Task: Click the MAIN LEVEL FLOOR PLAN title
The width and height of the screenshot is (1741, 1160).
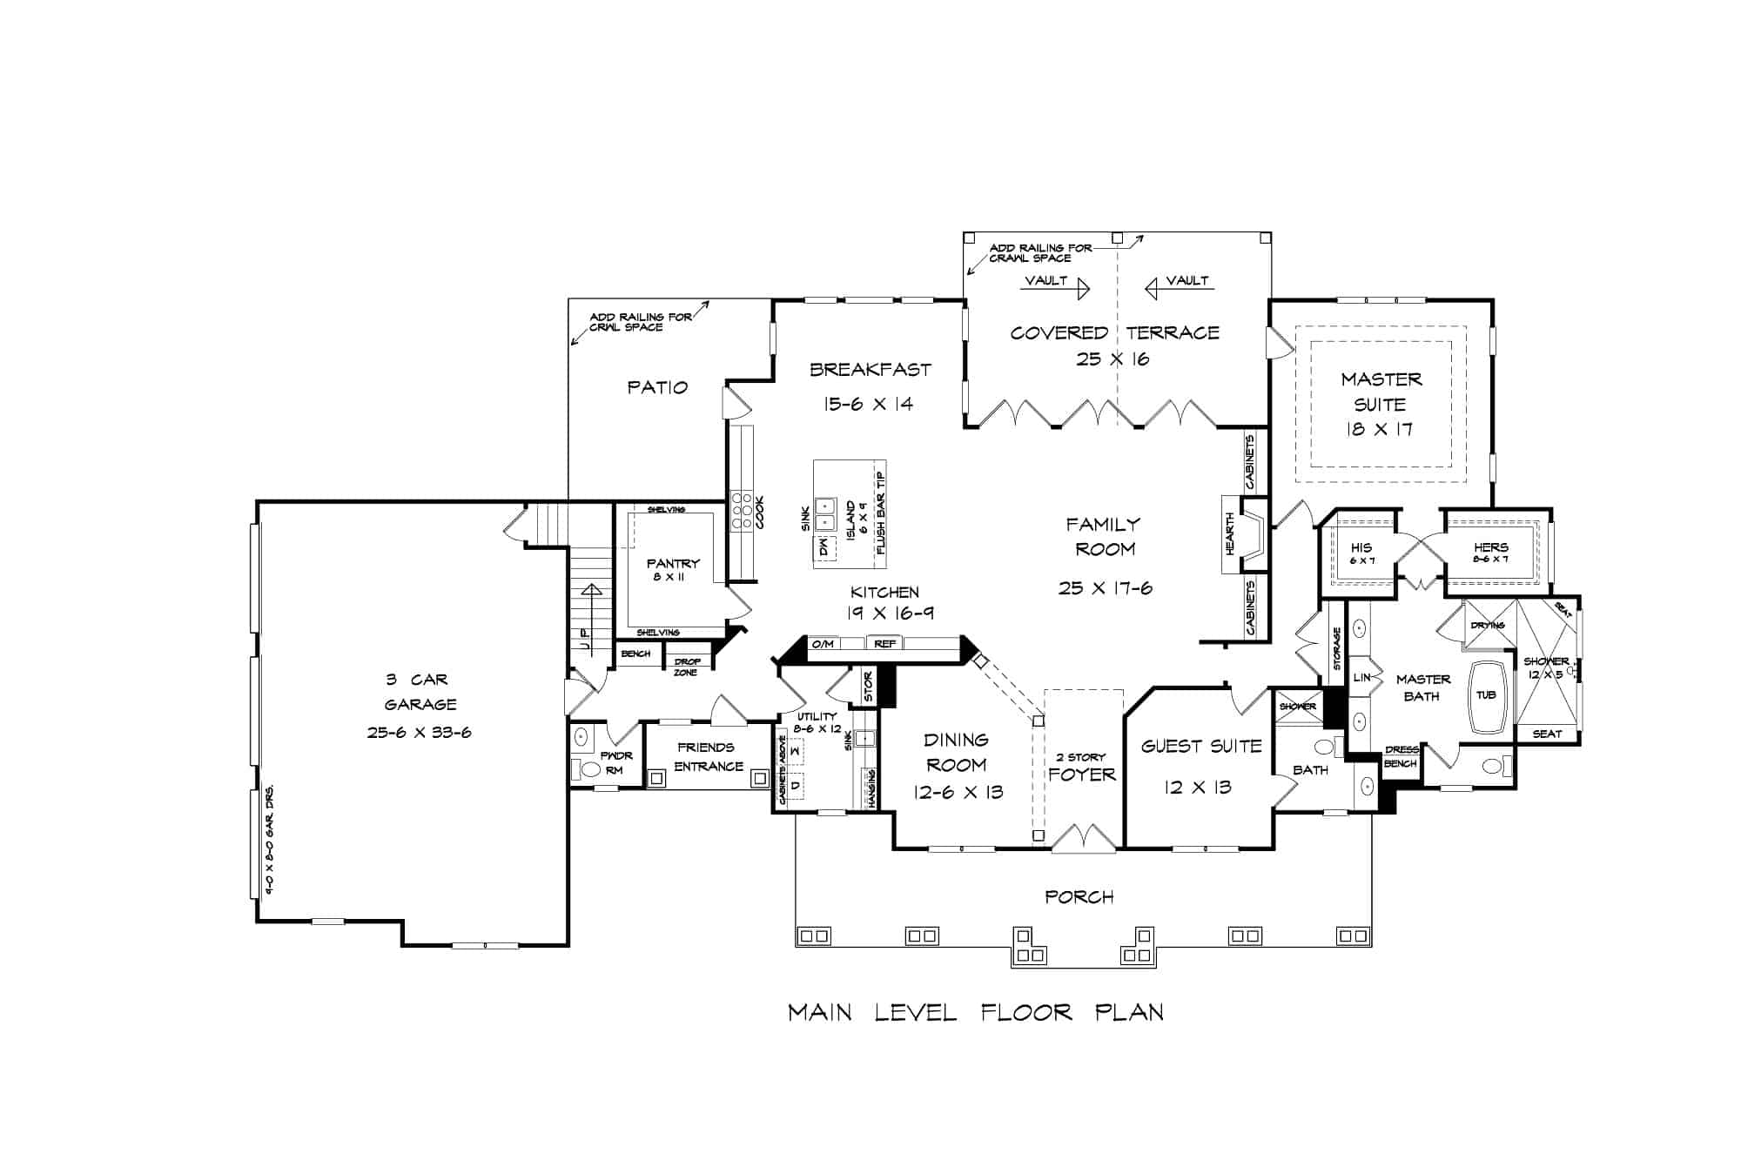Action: pyautogui.click(x=975, y=1013)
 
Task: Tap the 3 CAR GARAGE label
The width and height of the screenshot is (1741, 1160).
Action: pyautogui.click(x=420, y=692)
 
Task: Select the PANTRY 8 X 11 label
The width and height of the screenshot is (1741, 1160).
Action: pyautogui.click(x=673, y=570)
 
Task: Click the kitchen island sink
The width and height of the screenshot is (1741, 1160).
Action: pyautogui.click(x=825, y=513)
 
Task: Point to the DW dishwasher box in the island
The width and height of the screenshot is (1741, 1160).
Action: pyautogui.click(x=823, y=548)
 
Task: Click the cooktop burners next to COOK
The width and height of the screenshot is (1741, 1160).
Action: pyautogui.click(x=742, y=511)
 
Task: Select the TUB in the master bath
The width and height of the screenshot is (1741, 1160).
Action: pyautogui.click(x=1486, y=695)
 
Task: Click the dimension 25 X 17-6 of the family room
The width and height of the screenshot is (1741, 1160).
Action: pyautogui.click(x=1105, y=588)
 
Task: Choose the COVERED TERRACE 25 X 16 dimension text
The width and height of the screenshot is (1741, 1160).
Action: pyautogui.click(x=1112, y=359)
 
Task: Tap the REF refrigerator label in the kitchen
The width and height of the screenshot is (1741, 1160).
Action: pyautogui.click(x=885, y=644)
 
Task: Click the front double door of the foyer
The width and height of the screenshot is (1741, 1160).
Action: pyautogui.click(x=1084, y=838)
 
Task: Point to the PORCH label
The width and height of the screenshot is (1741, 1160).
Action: pyautogui.click(x=1079, y=896)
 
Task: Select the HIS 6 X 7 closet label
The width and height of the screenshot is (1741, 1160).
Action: pyautogui.click(x=1361, y=553)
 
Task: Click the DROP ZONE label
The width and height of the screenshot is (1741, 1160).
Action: pyautogui.click(x=687, y=667)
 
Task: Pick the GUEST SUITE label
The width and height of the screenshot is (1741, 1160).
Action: pyautogui.click(x=1201, y=747)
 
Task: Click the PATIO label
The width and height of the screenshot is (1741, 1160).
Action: pyautogui.click(x=657, y=387)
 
